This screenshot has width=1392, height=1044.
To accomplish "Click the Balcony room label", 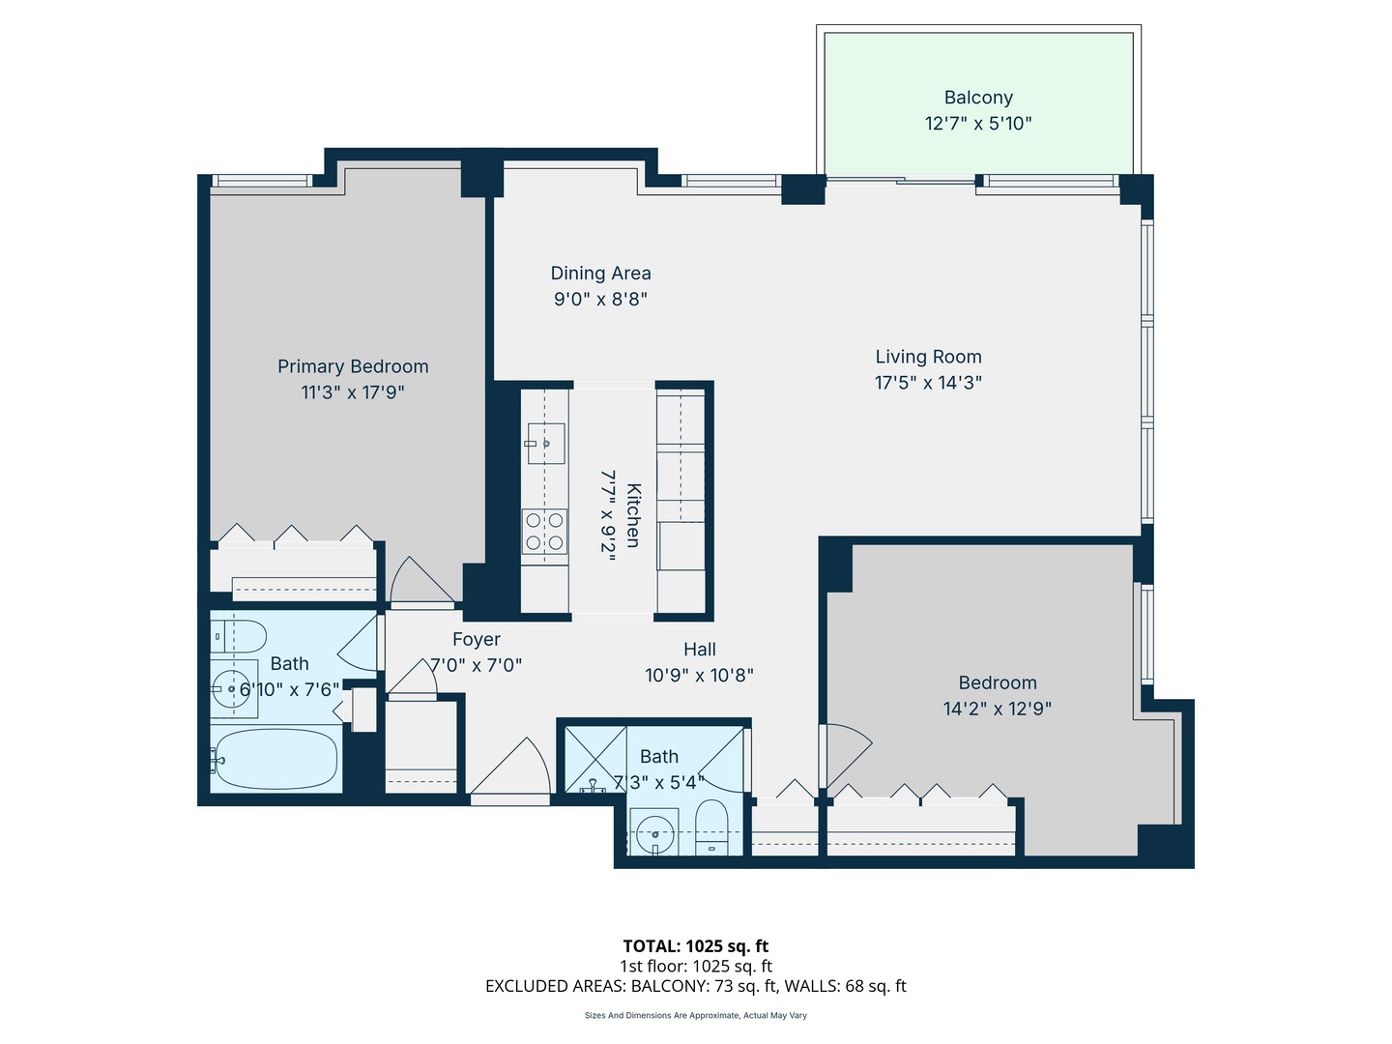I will [x=978, y=98].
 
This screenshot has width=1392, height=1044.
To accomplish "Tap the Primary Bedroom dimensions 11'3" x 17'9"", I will [x=353, y=392].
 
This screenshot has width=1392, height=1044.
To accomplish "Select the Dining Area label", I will [x=600, y=274].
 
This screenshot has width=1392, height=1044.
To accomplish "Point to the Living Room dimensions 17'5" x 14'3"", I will [x=928, y=383].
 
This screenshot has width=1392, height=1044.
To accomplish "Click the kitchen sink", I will [x=545, y=444].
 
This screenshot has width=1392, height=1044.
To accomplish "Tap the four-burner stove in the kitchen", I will [x=544, y=532].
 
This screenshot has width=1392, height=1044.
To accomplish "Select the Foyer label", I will [x=477, y=640].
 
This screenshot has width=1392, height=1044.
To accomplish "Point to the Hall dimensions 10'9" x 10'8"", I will [x=699, y=676].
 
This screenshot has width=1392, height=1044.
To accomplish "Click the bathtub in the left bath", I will [x=276, y=760].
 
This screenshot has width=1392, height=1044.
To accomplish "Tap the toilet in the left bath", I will [x=239, y=636].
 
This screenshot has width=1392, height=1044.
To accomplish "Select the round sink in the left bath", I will [x=233, y=690].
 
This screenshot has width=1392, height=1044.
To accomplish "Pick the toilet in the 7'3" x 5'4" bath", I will [x=712, y=827].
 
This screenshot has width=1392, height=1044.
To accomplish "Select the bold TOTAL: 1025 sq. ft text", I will [x=695, y=946].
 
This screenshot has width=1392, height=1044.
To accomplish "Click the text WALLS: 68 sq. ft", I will [x=845, y=986].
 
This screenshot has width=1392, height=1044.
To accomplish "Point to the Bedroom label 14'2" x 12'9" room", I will [x=997, y=683].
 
